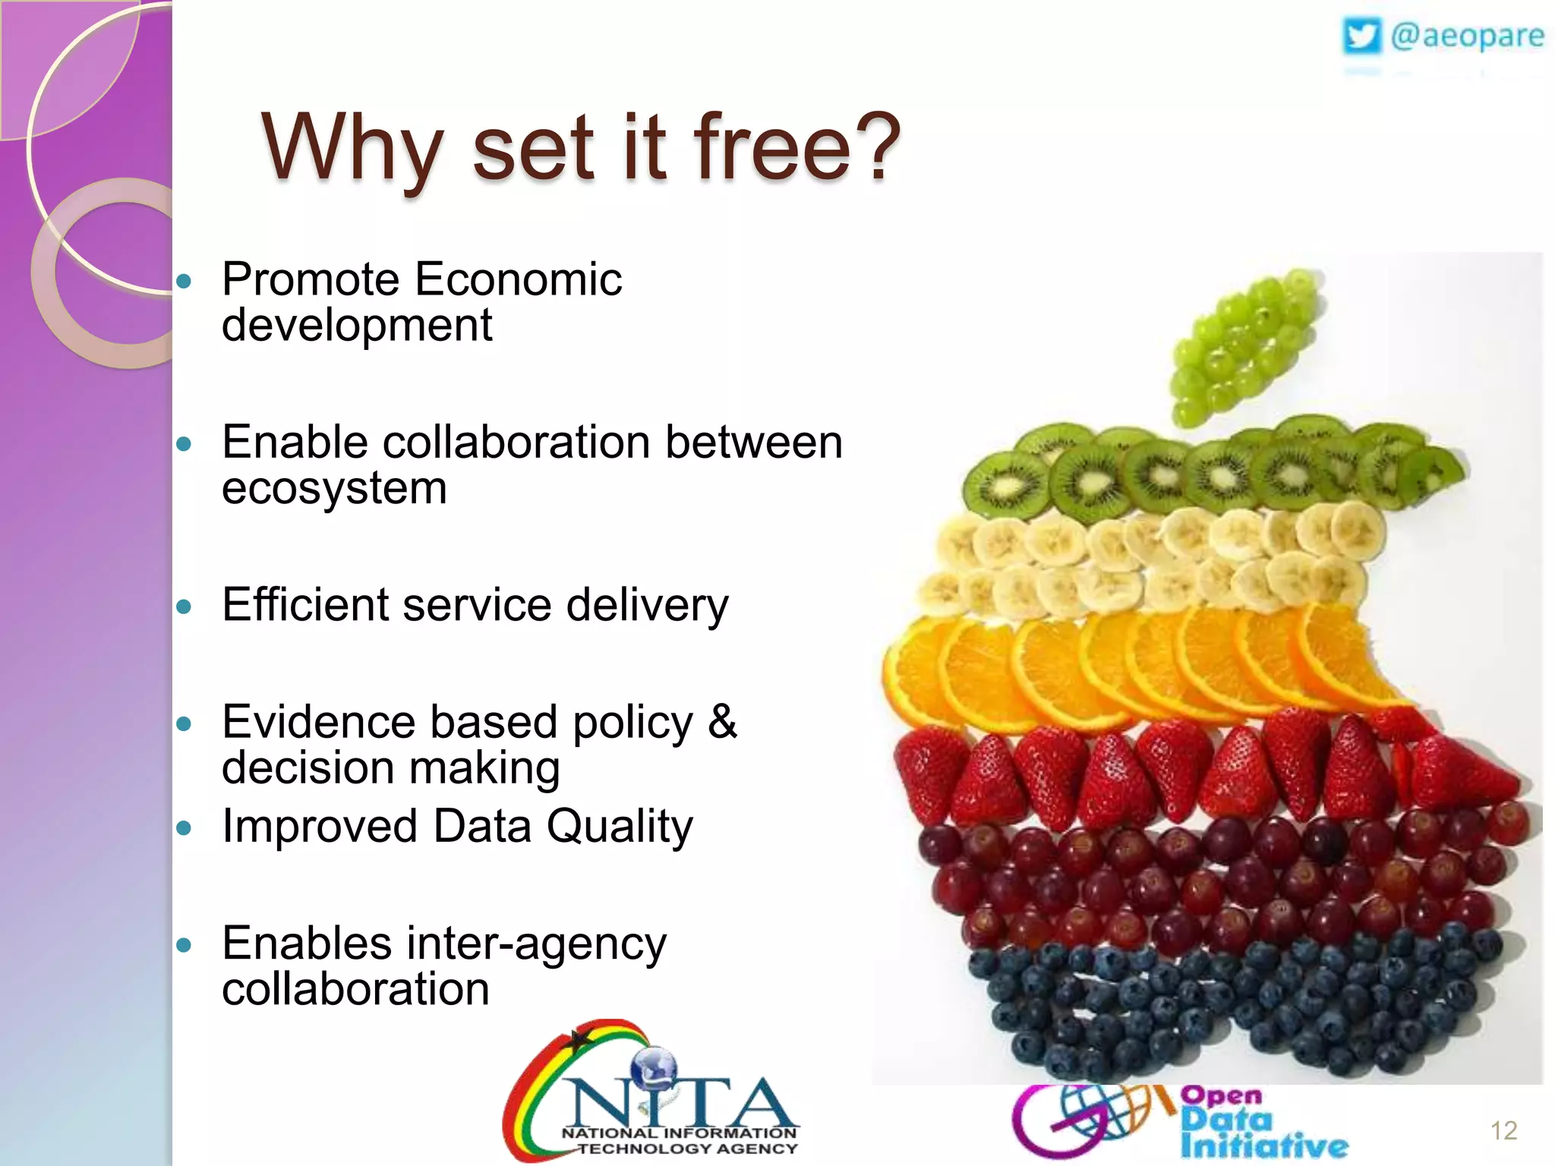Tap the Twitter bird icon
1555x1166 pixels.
coord(1361,36)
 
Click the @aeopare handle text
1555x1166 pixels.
coord(1467,36)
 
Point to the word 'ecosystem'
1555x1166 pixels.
coord(334,487)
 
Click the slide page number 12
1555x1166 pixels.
coord(1503,1130)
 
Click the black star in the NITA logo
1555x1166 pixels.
coord(579,1039)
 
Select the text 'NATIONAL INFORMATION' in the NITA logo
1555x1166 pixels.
coord(679,1133)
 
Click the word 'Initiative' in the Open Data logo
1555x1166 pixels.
coord(1263,1146)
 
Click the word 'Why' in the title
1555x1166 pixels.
coord(351,148)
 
